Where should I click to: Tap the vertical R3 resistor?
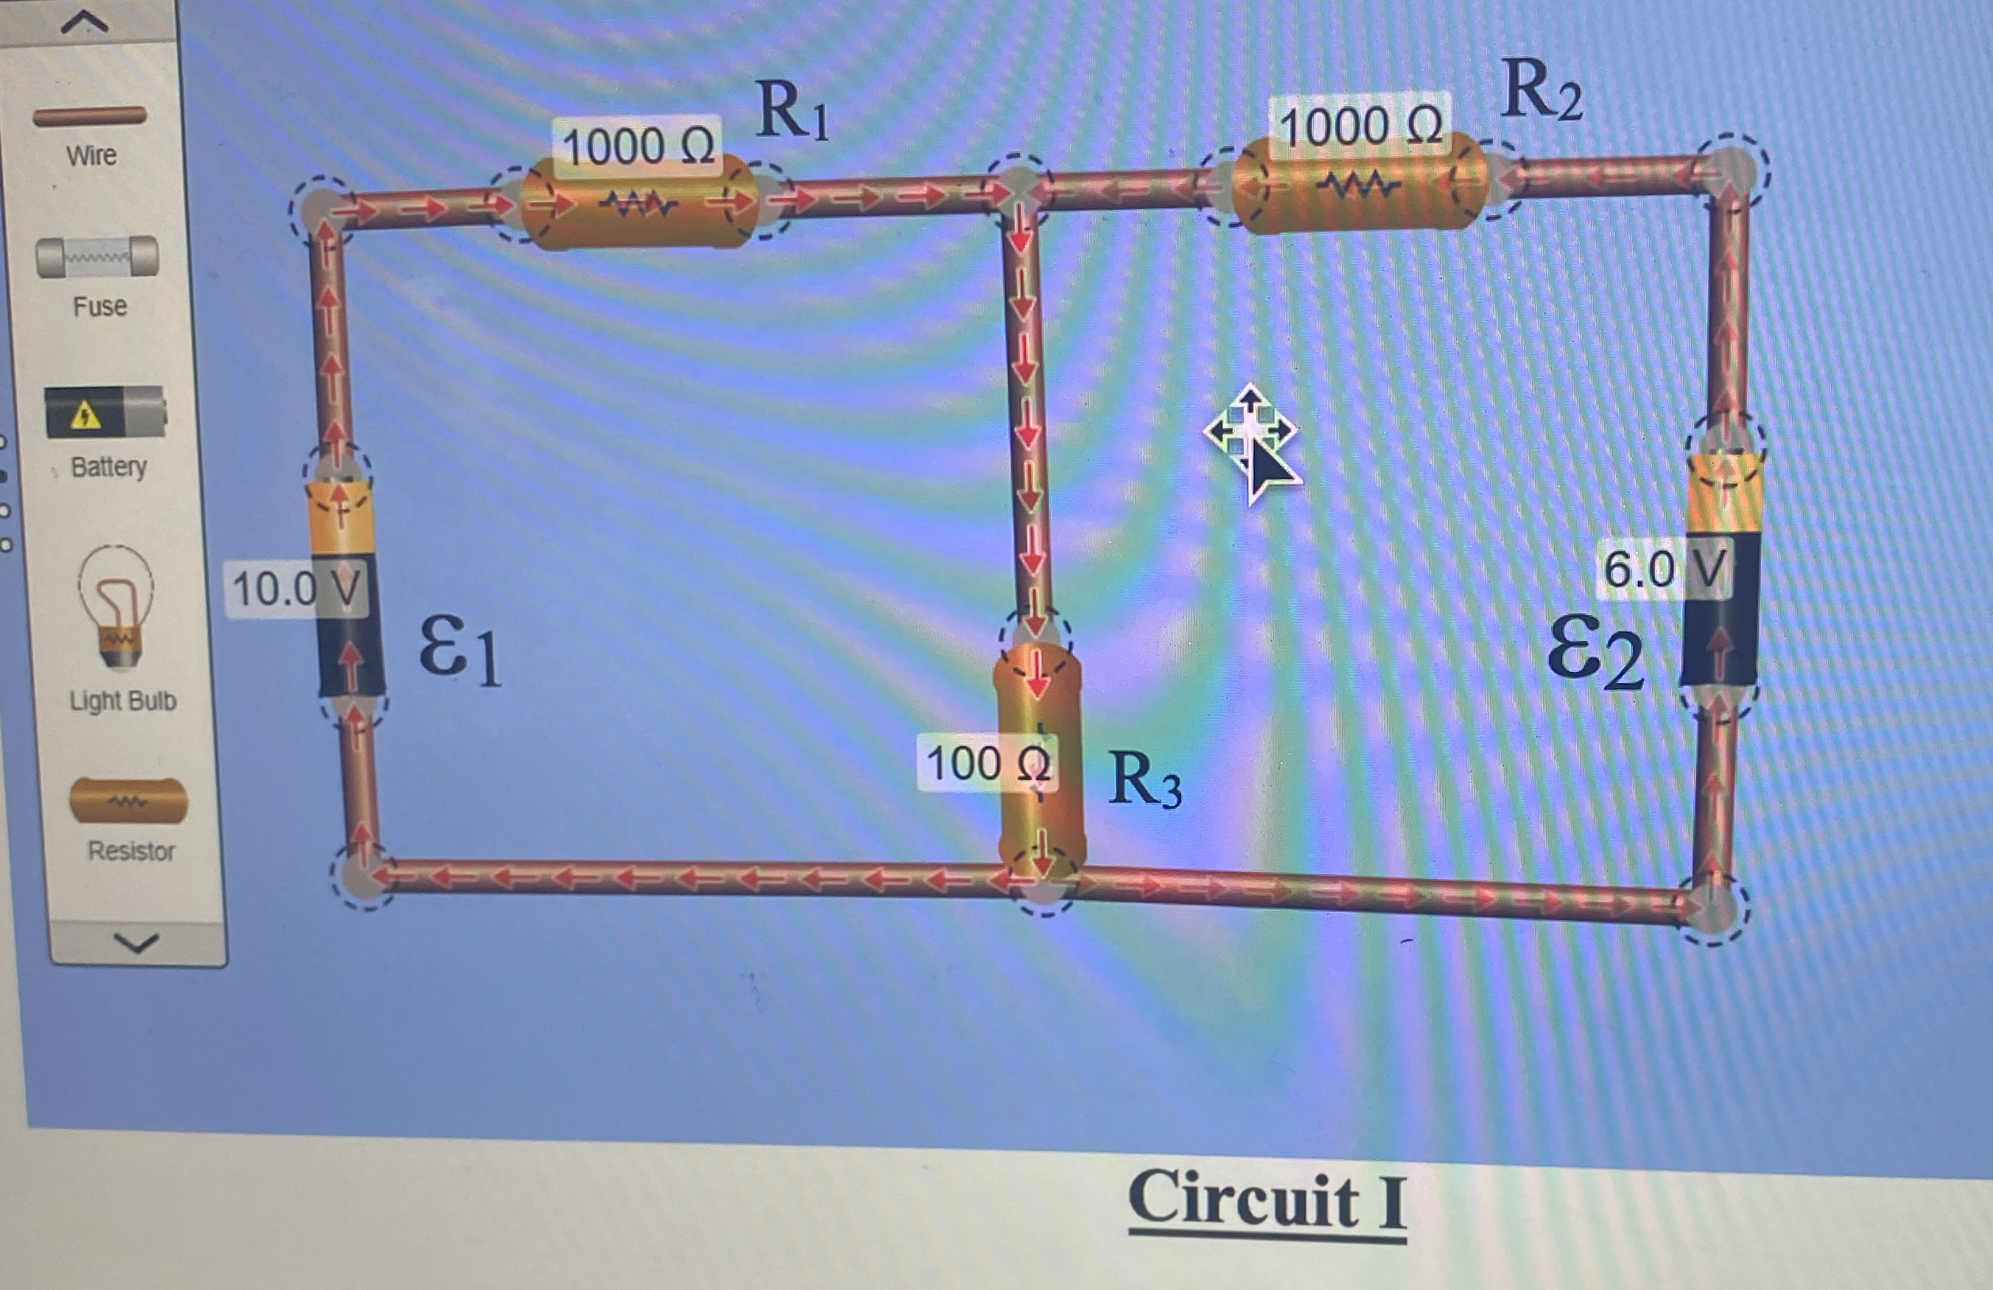pyautogui.click(x=1038, y=762)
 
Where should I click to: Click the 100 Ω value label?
pyautogui.click(x=986, y=763)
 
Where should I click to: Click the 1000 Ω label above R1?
pyautogui.click(x=637, y=147)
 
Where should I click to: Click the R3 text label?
pyautogui.click(x=1143, y=781)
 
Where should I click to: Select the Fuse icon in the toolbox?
pyautogui.click(x=97, y=256)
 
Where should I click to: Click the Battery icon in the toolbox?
pyautogui.click(x=104, y=412)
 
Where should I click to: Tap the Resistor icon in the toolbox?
pyautogui.click(x=128, y=799)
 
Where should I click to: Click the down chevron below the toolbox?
pyautogui.click(x=136, y=944)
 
